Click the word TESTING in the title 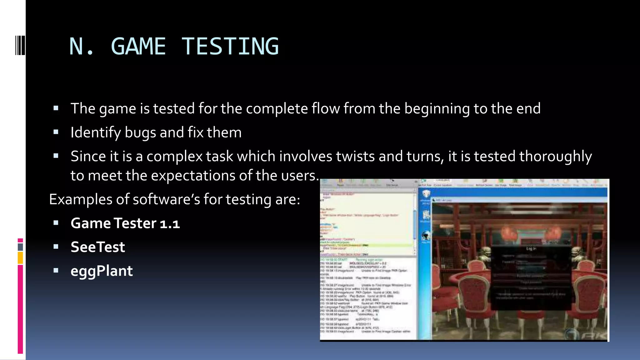(230, 46)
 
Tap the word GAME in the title (138, 46)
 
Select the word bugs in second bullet (140, 132)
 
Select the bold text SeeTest (97, 247)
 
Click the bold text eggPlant (102, 271)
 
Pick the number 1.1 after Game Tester (170, 223)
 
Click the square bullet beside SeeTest (56, 247)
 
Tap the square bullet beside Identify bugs (56, 132)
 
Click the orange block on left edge (20, 258)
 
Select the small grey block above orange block (20, 247)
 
